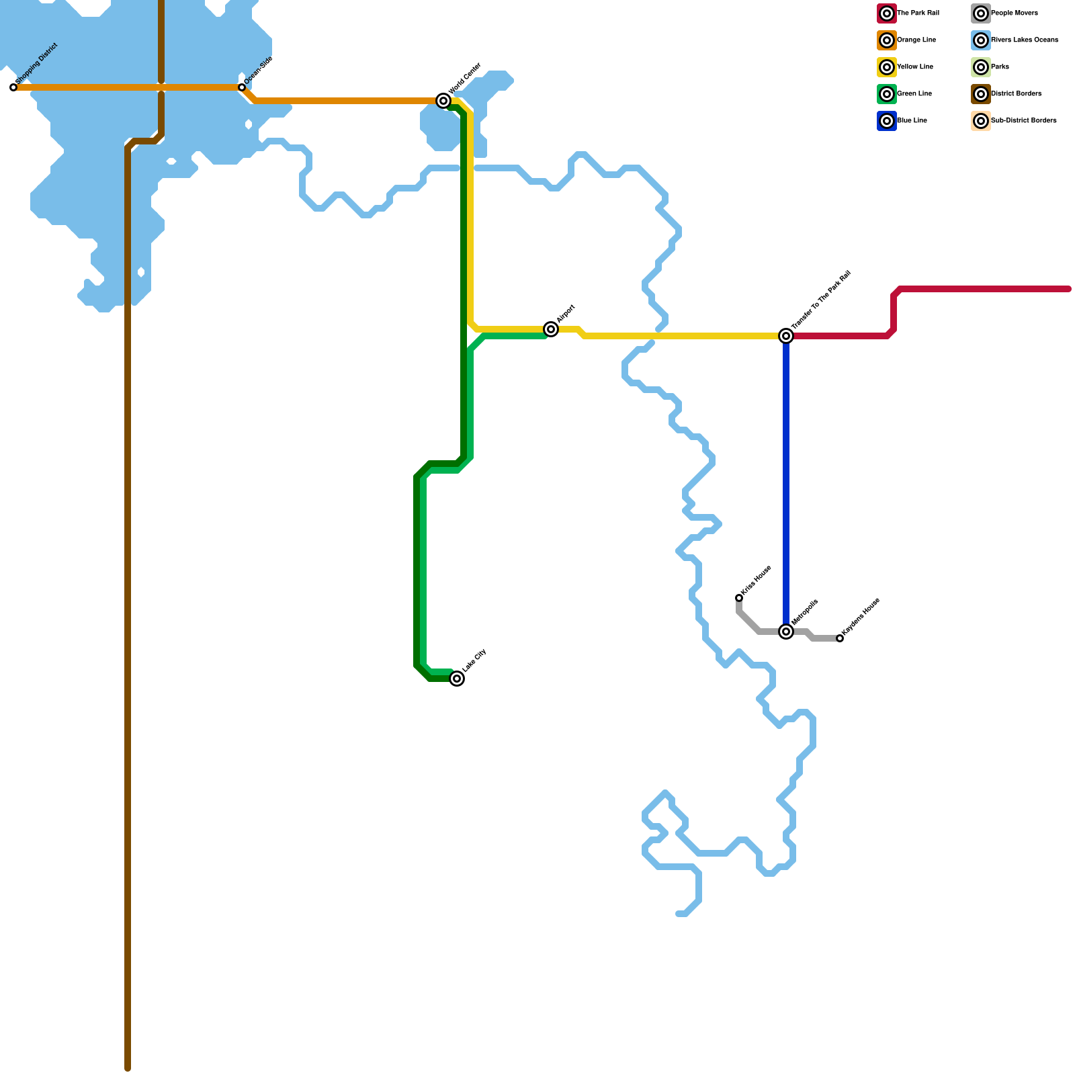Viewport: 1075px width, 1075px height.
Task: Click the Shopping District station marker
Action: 13,87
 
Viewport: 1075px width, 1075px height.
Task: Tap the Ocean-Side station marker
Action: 242,87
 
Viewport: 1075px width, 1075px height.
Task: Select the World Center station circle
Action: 443,101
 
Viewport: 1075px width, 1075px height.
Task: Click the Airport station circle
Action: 551,329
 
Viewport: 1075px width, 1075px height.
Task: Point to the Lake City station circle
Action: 457,679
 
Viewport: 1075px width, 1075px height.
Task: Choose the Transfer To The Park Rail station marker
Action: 786,336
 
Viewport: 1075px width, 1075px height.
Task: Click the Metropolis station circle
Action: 786,632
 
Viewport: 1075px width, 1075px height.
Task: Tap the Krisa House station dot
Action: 739,598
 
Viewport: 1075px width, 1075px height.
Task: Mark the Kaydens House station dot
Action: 840,638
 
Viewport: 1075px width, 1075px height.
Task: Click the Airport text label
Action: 566,313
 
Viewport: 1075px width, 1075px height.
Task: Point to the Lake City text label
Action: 474,660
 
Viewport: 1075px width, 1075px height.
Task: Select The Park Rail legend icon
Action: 887,13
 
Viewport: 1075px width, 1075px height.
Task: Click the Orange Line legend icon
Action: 887,40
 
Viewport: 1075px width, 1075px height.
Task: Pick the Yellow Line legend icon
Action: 887,67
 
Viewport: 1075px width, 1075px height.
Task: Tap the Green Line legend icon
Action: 887,94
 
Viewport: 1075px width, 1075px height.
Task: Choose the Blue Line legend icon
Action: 887,121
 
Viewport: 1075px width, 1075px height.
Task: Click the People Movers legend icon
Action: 981,13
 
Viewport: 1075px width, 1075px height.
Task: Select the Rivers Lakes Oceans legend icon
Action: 981,40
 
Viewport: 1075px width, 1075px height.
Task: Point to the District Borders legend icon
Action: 981,94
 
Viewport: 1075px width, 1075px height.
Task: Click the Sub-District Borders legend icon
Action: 981,121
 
